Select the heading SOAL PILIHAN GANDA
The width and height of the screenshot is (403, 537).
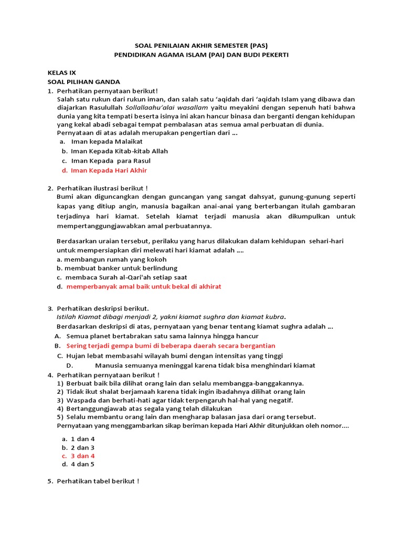click(x=84, y=82)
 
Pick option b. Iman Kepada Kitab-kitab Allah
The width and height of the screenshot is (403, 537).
click(x=119, y=151)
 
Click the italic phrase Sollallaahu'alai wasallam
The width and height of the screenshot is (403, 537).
click(x=160, y=108)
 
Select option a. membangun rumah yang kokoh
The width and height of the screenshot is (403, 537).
click(x=111, y=259)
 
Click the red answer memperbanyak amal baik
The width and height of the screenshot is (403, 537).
click(x=143, y=286)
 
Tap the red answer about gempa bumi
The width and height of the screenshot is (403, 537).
click(x=171, y=346)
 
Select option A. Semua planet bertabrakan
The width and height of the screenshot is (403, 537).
click(x=162, y=336)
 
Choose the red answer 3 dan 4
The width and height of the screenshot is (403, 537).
click(x=82, y=456)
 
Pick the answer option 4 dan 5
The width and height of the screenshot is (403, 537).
click(x=82, y=464)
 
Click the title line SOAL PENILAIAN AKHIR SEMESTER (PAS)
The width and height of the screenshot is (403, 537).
click(x=201, y=46)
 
